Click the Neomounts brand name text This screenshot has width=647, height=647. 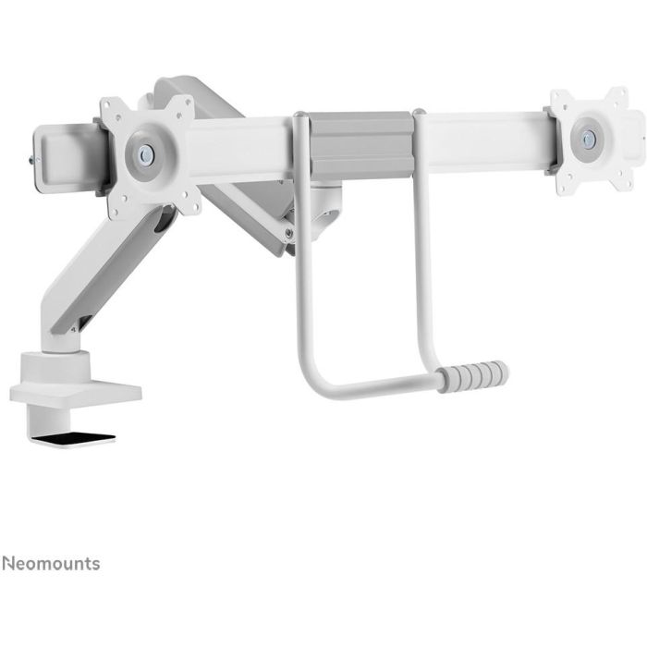point(51,563)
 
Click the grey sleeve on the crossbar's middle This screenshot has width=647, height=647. point(360,145)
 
